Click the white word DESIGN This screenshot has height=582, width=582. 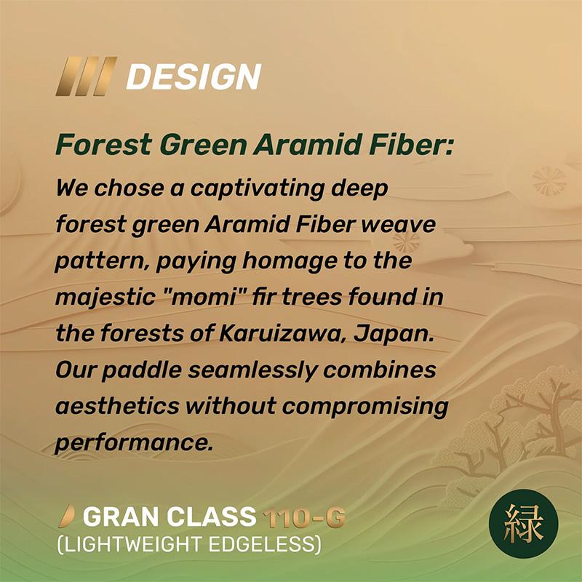click(194, 76)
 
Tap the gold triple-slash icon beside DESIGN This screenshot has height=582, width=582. click(87, 76)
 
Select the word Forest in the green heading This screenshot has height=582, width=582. click(104, 144)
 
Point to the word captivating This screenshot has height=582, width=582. click(258, 189)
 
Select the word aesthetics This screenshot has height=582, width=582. click(117, 406)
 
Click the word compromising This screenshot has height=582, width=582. click(365, 407)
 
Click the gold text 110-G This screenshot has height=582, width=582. click(304, 517)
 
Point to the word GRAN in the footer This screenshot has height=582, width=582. click(121, 517)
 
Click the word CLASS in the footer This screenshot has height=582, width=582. click(211, 517)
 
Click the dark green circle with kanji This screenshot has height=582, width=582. click(523, 524)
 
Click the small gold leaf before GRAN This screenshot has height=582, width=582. click(67, 517)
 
